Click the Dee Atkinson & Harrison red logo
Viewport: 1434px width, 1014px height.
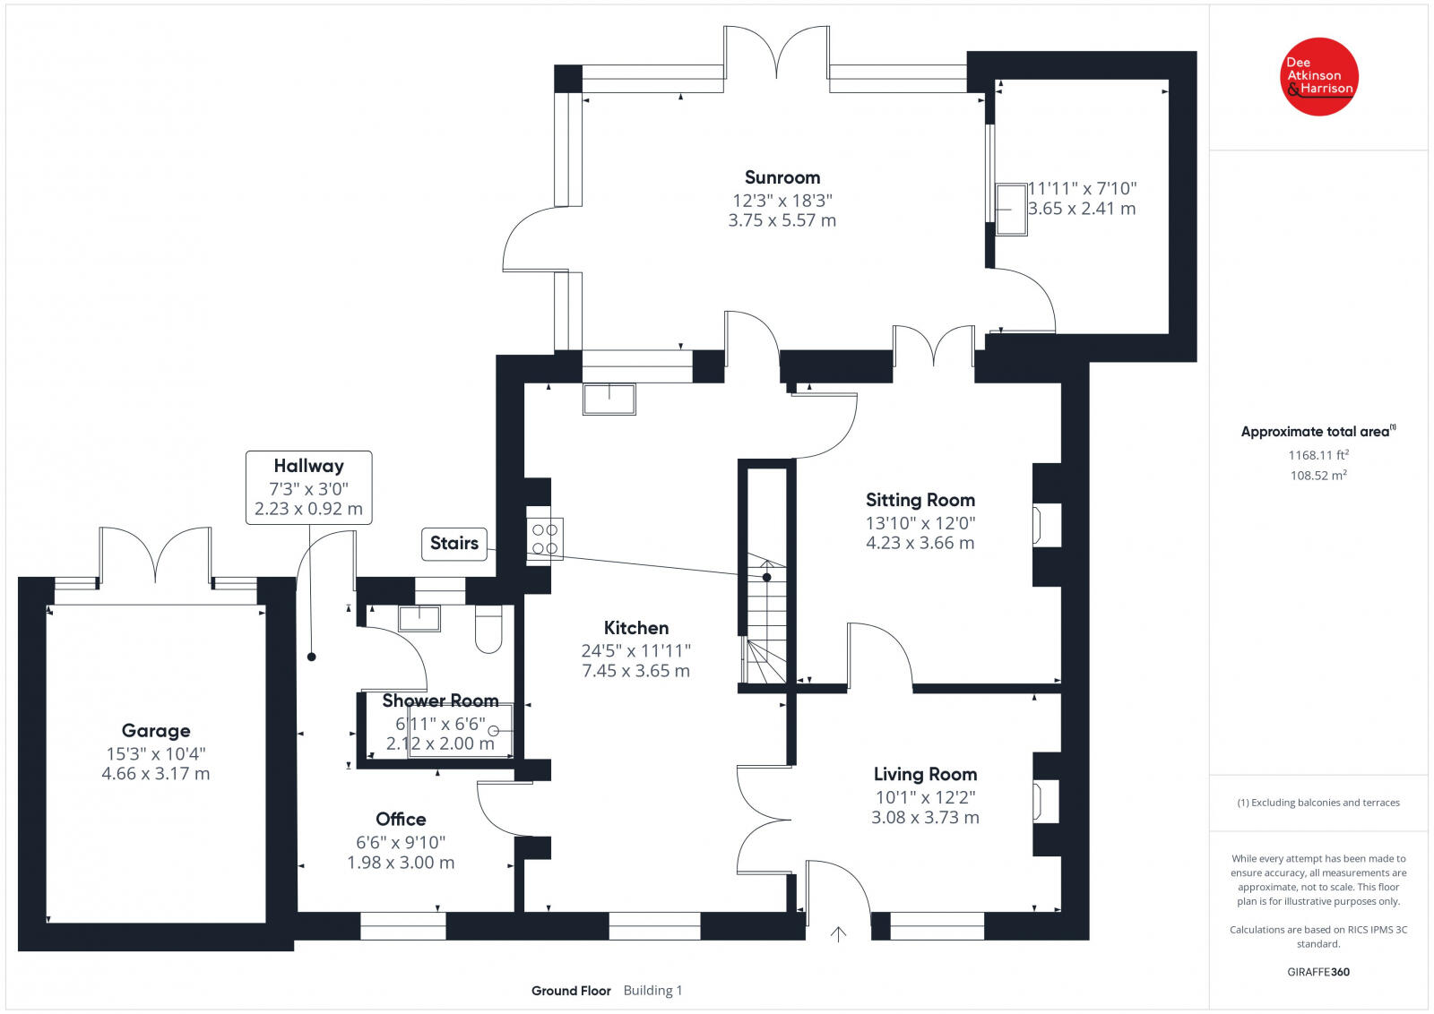tap(1319, 76)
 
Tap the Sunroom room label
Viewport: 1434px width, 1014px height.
tap(782, 177)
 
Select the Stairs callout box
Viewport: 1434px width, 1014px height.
tap(454, 543)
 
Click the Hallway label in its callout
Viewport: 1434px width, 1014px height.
tap(308, 466)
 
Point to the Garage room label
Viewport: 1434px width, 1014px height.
tap(156, 730)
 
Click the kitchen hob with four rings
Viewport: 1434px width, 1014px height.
tap(545, 538)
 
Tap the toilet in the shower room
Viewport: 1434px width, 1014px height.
tap(488, 629)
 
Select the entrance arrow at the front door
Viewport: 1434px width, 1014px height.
tap(838, 934)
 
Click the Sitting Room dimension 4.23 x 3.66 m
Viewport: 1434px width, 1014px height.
tap(920, 543)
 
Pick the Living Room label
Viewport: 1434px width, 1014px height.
tap(925, 774)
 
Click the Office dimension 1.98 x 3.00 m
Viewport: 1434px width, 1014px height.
tap(401, 863)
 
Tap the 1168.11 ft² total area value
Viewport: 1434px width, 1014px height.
tap(1318, 455)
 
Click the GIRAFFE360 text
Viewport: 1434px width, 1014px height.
tap(1318, 972)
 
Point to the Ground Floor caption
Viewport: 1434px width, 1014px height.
tap(571, 991)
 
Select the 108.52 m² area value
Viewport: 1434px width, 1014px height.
tap(1318, 476)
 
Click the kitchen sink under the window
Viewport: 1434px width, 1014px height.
tap(609, 399)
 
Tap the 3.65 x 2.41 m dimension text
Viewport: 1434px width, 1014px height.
tap(1082, 209)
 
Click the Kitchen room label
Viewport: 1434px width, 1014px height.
tap(635, 628)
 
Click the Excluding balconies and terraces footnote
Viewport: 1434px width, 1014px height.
tap(1318, 803)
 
